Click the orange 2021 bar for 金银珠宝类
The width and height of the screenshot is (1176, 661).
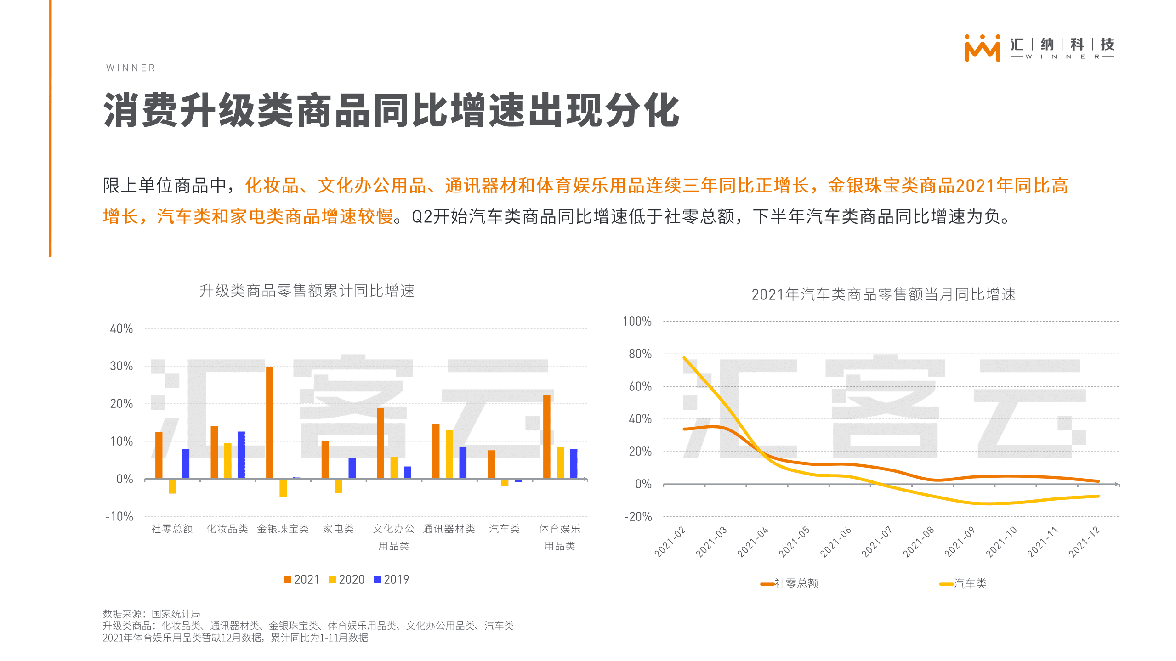click(x=269, y=422)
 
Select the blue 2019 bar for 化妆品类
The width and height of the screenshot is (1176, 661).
click(x=241, y=455)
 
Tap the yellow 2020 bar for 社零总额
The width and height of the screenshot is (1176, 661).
click(x=172, y=486)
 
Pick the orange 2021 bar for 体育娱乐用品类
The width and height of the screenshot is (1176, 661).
click(x=546, y=436)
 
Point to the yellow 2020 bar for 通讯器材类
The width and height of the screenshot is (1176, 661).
click(x=449, y=454)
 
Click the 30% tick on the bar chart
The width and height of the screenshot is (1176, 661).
click(x=121, y=366)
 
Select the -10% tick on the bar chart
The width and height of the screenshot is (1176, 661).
click(x=119, y=516)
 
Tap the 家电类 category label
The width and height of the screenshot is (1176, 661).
click(x=338, y=529)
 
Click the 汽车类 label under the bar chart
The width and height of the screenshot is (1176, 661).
click(x=504, y=529)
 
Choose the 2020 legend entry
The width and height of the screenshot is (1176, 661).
click(x=347, y=580)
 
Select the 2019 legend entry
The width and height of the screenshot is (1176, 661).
click(x=392, y=580)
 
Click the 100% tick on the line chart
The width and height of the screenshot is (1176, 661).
click(x=637, y=322)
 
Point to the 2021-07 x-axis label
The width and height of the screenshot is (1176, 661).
click(x=876, y=542)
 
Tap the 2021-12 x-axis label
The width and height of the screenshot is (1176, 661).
click(x=1084, y=542)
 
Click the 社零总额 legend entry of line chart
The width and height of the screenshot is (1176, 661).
click(x=790, y=584)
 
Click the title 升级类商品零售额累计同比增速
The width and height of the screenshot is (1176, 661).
click(x=307, y=291)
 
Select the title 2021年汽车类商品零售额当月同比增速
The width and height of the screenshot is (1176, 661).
click(x=883, y=294)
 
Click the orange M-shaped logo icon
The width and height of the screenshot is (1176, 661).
click(x=982, y=48)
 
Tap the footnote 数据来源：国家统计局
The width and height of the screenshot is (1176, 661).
click(x=151, y=614)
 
